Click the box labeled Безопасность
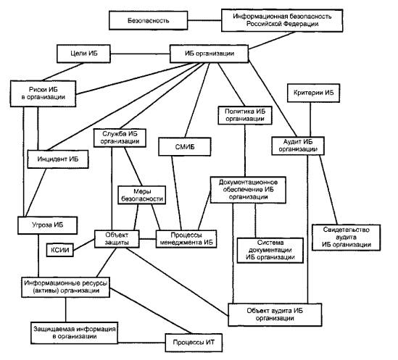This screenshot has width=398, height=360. click(x=149, y=20)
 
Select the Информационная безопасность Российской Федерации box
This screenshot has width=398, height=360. click(x=282, y=20)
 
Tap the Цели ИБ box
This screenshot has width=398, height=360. click(x=84, y=54)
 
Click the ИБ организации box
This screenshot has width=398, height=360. click(x=210, y=54)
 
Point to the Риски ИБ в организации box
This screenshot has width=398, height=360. click(x=43, y=93)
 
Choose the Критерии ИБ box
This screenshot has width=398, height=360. click(x=313, y=93)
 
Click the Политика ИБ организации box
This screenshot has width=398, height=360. click(x=245, y=115)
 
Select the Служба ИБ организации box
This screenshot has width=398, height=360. click(x=120, y=138)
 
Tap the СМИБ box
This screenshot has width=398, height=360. click(x=185, y=146)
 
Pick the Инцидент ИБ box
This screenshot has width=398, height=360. click(x=58, y=159)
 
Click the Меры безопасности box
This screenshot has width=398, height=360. click(x=142, y=195)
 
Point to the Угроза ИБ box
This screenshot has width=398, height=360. click(x=47, y=225)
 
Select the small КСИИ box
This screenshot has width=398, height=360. click(x=60, y=250)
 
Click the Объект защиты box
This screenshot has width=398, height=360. click(x=117, y=239)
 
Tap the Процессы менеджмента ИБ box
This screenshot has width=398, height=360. click(x=186, y=239)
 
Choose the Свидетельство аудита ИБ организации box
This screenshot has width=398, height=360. click(x=347, y=238)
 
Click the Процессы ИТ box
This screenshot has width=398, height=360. click(x=194, y=343)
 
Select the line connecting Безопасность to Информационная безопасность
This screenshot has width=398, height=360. click(x=204, y=20)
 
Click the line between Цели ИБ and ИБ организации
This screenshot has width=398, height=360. click(x=140, y=54)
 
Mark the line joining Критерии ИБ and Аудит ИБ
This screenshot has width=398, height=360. click(x=310, y=120)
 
